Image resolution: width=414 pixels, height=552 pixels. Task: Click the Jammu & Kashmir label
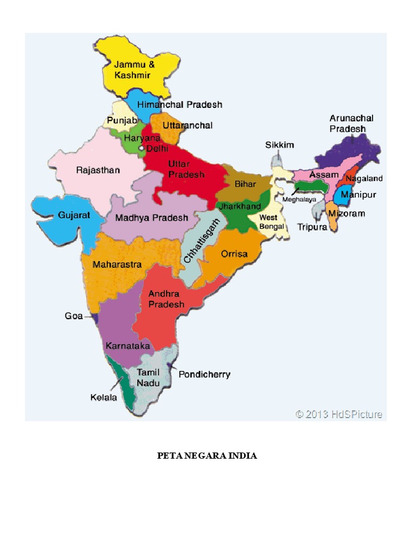point(132,70)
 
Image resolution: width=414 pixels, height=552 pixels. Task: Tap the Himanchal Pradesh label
point(180,105)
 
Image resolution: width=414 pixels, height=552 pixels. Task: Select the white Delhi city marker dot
point(141,147)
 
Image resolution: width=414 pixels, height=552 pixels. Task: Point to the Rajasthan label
point(98,170)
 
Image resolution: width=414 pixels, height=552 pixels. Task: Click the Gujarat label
point(74,215)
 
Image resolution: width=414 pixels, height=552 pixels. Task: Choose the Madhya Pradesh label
point(152,218)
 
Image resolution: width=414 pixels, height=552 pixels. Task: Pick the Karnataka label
point(127,346)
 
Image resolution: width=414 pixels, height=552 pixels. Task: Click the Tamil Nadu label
point(147,377)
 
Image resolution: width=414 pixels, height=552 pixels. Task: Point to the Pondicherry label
point(204,374)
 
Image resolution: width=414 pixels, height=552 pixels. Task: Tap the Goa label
point(74,316)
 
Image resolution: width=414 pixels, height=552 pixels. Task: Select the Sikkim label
point(279,144)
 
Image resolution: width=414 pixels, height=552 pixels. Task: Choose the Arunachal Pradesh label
point(351,123)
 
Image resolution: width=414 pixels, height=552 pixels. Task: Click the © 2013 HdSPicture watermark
point(339,414)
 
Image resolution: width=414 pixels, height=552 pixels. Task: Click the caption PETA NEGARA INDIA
point(207,456)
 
